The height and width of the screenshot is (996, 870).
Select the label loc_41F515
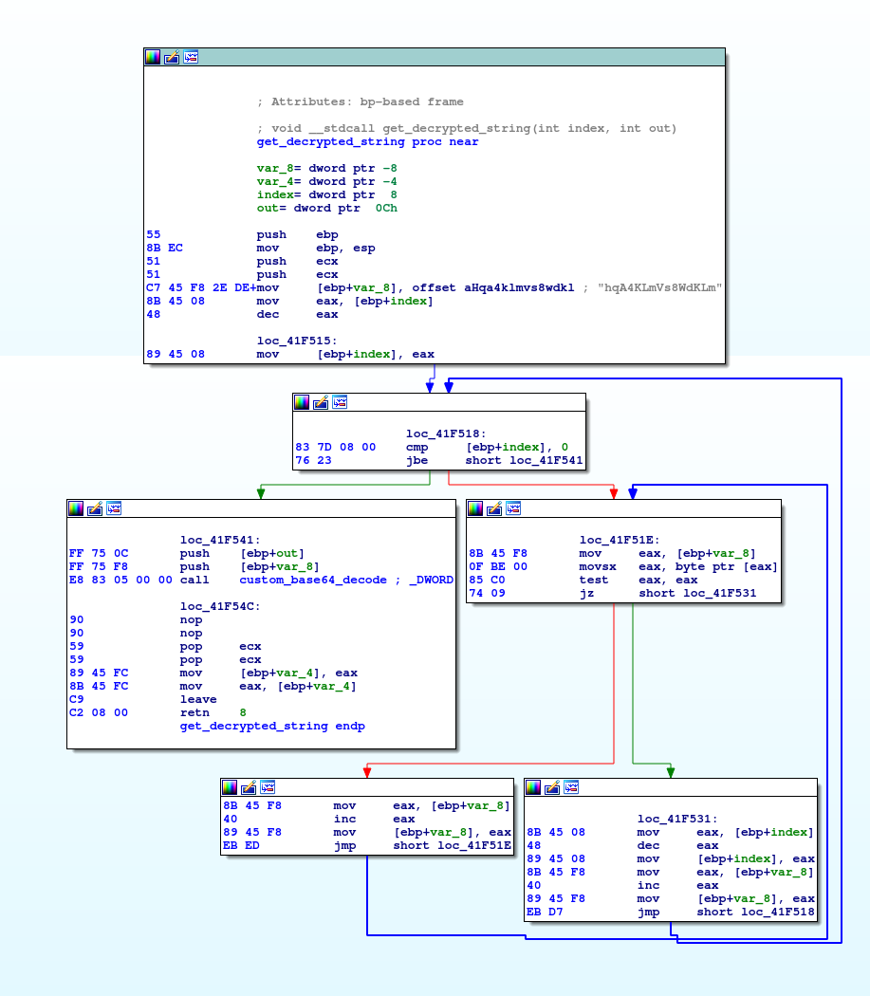297,341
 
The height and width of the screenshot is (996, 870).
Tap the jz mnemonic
586,593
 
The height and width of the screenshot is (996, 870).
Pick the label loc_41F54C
220,606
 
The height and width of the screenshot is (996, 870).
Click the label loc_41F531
677,819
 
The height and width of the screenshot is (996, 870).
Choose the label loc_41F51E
620,540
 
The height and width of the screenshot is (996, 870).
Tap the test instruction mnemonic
593,580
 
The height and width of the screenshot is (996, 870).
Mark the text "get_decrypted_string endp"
272,726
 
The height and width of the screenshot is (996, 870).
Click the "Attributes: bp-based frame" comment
360,101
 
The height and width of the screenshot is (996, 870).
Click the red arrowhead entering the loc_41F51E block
614,492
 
